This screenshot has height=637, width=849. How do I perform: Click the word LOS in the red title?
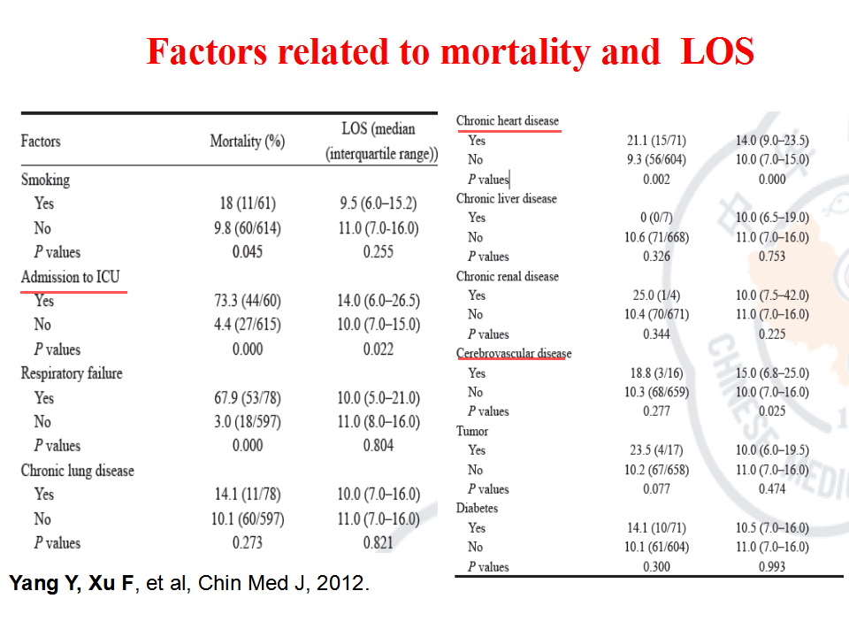[717, 51]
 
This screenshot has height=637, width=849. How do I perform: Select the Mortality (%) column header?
[248, 142]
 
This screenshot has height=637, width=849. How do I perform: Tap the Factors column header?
[41, 142]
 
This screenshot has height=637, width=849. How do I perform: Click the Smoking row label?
[45, 180]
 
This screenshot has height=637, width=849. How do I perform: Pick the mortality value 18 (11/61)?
[248, 203]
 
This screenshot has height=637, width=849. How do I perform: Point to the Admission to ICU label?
[71, 277]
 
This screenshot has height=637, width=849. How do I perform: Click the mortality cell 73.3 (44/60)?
[248, 301]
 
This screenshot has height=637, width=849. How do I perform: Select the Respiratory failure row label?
[72, 373]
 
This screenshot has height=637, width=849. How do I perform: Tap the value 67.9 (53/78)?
[248, 398]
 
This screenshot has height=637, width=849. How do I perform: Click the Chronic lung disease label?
[78, 470]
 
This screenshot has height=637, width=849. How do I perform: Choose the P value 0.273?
[248, 542]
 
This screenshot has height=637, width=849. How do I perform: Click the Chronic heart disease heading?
[508, 121]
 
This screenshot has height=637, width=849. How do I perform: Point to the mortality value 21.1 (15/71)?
[656, 141]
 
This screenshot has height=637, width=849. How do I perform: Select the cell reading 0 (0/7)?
[656, 218]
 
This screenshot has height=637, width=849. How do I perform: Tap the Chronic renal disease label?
[508, 276]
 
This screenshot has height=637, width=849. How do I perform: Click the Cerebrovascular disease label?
[514, 353]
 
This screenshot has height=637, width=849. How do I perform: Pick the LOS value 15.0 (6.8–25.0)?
[772, 373]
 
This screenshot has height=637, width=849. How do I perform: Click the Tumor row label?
[472, 431]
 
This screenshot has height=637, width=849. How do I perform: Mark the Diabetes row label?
[477, 508]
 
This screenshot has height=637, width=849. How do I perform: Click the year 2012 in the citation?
[340, 583]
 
